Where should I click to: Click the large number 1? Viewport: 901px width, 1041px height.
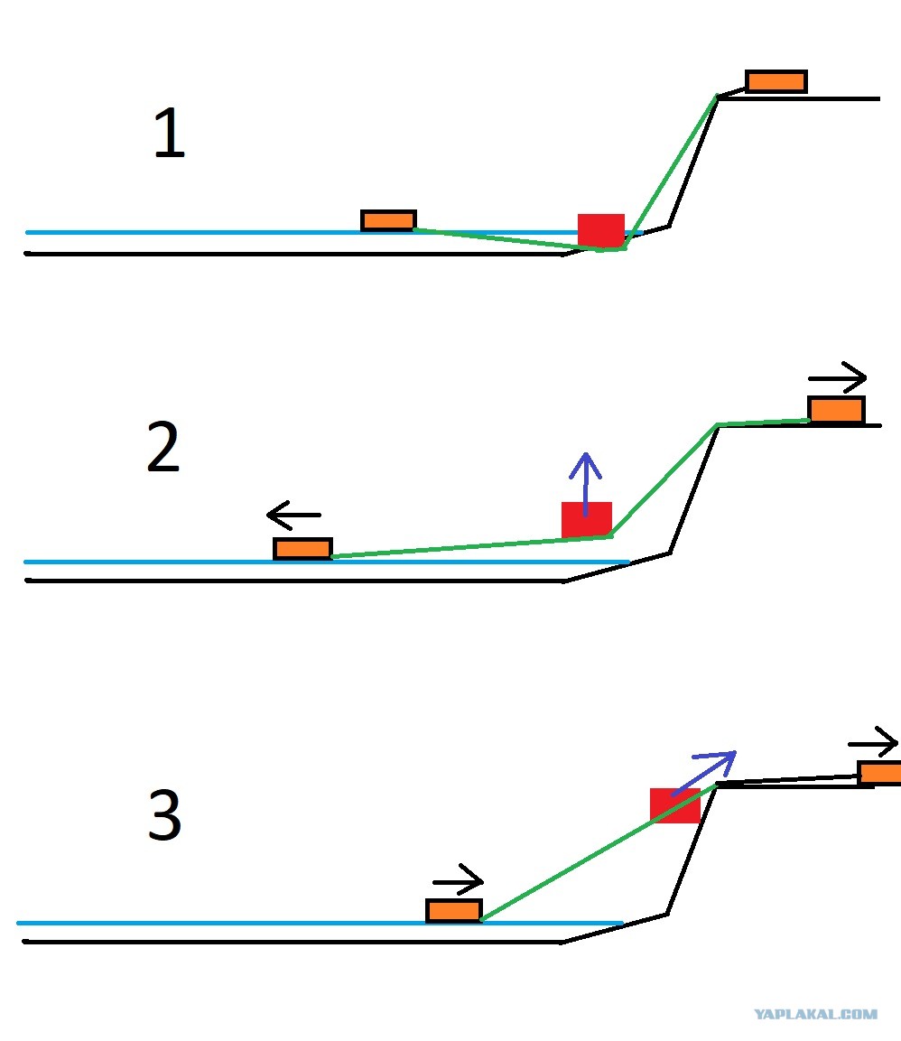pyautogui.click(x=169, y=133)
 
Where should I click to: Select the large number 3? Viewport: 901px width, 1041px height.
pyautogui.click(x=164, y=814)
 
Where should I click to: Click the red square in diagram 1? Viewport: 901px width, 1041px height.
pyautogui.click(x=601, y=230)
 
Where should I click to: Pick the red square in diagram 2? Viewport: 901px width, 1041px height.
pyautogui.click(x=586, y=519)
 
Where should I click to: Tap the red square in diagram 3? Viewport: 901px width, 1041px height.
pyautogui.click(x=675, y=805)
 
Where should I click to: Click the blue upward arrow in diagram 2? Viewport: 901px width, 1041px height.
pyautogui.click(x=586, y=484)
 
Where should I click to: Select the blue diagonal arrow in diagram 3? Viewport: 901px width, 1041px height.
pyautogui.click(x=704, y=773)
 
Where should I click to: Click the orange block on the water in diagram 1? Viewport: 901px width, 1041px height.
pyautogui.click(x=388, y=220)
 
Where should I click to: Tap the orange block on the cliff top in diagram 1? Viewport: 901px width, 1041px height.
pyautogui.click(x=776, y=81)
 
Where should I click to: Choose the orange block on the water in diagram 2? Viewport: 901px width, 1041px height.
pyautogui.click(x=302, y=548)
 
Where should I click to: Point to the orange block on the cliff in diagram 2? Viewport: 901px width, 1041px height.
pyautogui.click(x=837, y=409)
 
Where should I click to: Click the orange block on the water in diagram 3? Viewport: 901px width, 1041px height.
pyautogui.click(x=454, y=910)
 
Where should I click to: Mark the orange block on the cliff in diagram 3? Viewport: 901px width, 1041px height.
pyautogui.click(x=879, y=773)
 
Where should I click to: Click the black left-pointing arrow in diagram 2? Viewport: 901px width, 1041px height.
pyautogui.click(x=293, y=515)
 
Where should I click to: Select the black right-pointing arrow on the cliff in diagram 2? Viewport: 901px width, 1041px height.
pyautogui.click(x=838, y=377)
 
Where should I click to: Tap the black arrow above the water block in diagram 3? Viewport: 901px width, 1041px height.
pyautogui.click(x=458, y=880)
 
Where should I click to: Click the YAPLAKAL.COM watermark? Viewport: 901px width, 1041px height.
pyautogui.click(x=815, y=1014)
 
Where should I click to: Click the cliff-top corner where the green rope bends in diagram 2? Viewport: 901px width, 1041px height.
pyautogui.click(x=718, y=425)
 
